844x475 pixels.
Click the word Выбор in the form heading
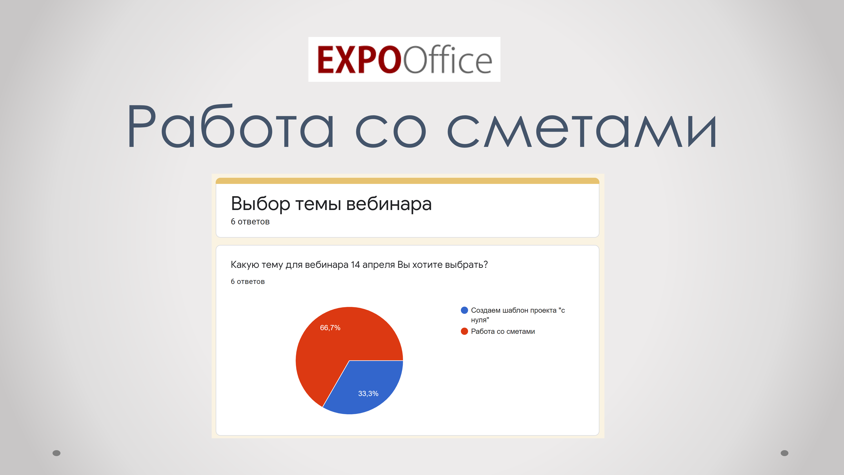click(x=260, y=204)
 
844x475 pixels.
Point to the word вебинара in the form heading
click(x=389, y=204)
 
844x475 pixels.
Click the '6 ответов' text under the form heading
click(x=250, y=222)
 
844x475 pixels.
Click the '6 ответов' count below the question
click(x=248, y=281)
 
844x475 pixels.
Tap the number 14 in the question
click(x=355, y=265)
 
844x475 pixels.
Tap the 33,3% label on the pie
click(x=368, y=393)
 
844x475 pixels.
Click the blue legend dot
click(x=464, y=310)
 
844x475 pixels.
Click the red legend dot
click(x=464, y=331)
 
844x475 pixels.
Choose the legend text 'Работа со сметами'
click(x=503, y=331)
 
